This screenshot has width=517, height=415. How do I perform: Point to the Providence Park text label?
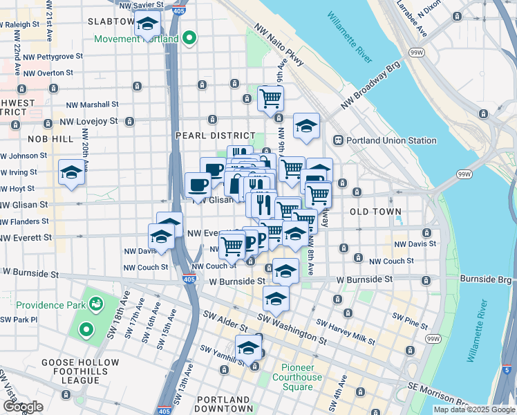[x=50, y=304]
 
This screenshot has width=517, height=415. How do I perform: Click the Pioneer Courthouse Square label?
[x=297, y=377]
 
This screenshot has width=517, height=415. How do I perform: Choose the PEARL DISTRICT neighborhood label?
[x=216, y=136]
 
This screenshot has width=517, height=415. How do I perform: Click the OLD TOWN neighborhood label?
[x=375, y=211]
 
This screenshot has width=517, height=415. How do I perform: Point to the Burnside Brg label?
[x=487, y=279]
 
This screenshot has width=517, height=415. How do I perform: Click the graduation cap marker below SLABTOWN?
[x=147, y=25]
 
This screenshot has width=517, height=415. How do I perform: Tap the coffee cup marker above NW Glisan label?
[x=198, y=185]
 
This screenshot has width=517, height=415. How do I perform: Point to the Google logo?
[x=23, y=407]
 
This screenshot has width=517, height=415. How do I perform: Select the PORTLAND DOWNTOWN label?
[x=224, y=404]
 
